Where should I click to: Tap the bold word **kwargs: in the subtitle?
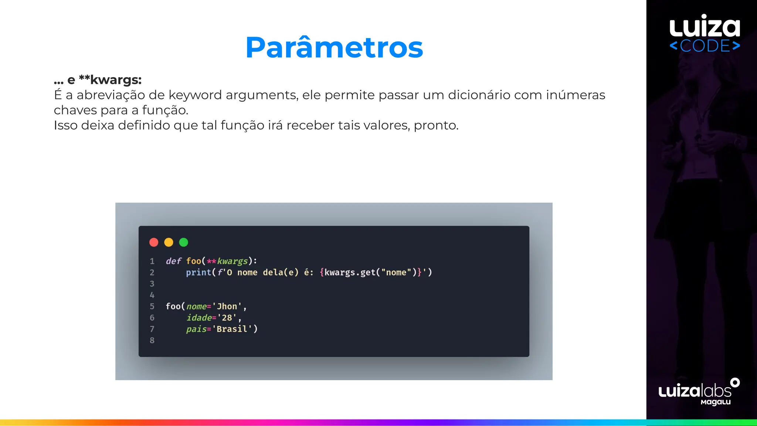(110, 80)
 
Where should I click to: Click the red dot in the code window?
(154, 242)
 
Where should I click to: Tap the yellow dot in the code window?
(169, 242)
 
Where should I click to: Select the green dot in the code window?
(184, 242)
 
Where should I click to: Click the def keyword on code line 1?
(173, 261)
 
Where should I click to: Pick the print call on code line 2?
(198, 273)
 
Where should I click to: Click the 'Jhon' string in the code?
(227, 307)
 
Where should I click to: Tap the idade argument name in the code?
(199, 318)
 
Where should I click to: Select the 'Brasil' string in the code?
(232, 329)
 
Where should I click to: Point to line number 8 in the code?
(152, 340)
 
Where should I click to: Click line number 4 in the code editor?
(152, 295)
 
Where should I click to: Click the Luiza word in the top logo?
(705, 27)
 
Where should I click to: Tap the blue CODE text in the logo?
(705, 46)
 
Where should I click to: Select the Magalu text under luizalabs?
(716, 402)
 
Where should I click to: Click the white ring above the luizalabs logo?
(735, 382)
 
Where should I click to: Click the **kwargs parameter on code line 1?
(227, 261)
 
